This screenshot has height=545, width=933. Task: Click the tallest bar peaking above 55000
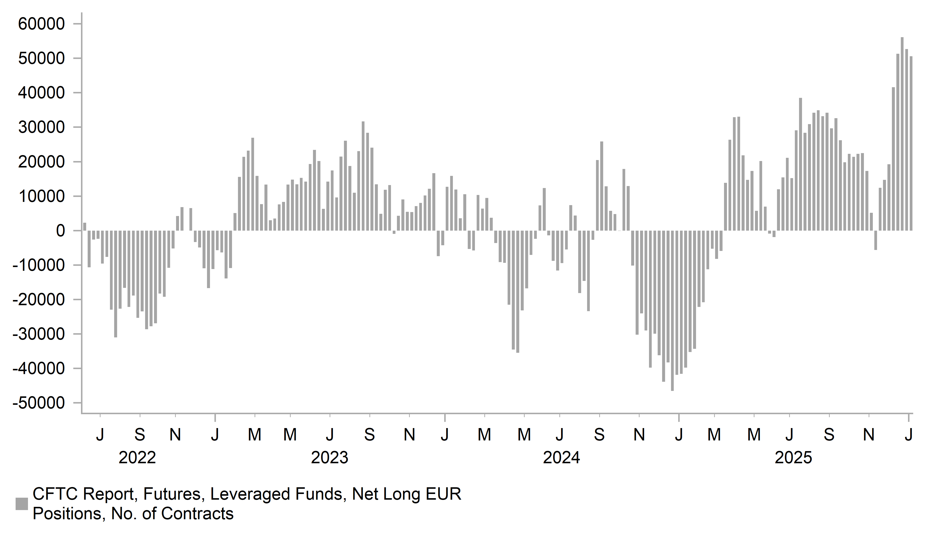point(902,133)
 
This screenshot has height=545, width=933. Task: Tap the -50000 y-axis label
point(39,403)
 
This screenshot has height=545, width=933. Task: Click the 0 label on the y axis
point(60,231)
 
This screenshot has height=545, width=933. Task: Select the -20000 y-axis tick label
point(39,300)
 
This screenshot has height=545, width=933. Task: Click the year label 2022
point(137,458)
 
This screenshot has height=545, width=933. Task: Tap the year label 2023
point(330,458)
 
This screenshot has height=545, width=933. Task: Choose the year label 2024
point(561,458)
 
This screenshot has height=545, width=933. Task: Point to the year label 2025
point(793,458)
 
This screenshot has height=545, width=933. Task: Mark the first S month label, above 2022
point(140,434)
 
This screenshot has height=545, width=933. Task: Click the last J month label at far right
point(908,434)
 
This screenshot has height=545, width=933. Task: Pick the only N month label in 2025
point(869,434)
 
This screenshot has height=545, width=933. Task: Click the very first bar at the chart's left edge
point(85,227)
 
